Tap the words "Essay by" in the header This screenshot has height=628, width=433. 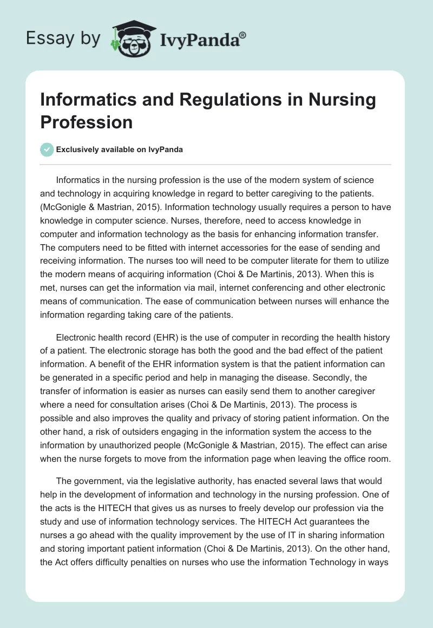point(63,38)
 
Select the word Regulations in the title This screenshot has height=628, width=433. point(223,100)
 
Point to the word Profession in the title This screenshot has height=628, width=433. point(87,122)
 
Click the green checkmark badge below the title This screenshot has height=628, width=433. point(47,149)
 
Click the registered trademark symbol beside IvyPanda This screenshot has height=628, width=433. point(243,35)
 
